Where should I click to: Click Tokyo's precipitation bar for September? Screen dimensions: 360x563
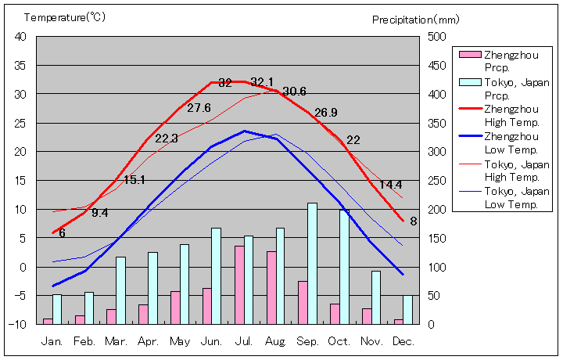[312, 264]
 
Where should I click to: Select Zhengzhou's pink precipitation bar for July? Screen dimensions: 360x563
[239, 285]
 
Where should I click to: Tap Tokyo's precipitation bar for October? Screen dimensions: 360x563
[344, 267]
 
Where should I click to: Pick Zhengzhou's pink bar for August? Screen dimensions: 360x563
[271, 287]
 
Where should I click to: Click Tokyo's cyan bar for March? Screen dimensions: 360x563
[120, 290]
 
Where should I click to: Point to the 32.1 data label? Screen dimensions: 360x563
[262, 82]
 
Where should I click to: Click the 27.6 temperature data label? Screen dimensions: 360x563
[199, 108]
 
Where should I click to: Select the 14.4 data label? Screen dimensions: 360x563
[391, 185]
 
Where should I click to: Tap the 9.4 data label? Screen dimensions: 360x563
[100, 212]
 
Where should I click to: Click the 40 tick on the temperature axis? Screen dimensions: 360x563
[20, 37]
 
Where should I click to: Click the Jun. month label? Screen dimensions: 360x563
[211, 342]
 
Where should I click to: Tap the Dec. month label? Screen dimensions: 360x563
[403, 342]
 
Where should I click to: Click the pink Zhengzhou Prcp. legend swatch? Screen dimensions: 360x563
[469, 55]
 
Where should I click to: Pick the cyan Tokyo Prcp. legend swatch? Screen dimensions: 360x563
[469, 82]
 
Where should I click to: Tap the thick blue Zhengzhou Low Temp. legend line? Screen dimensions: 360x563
[469, 136]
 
